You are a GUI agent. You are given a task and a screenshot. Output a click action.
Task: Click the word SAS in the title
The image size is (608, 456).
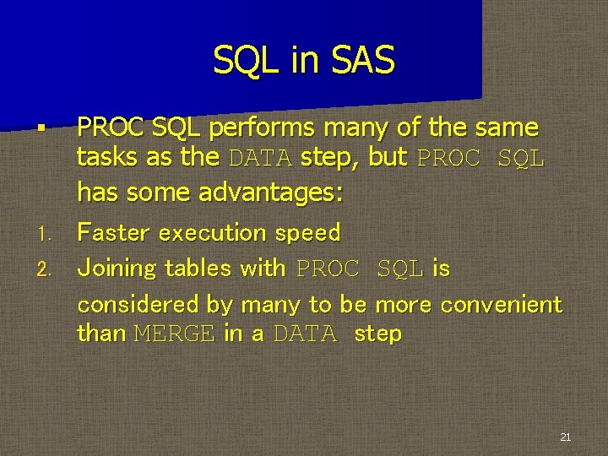coord(363,61)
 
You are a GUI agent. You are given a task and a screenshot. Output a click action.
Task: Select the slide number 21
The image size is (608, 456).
coord(565,437)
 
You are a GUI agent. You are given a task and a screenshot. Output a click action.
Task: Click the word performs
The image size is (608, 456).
coord(258,128)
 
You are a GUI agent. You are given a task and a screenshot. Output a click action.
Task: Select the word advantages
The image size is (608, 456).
coord(270,193)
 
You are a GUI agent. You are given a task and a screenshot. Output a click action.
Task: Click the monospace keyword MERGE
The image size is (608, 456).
coord(175,334)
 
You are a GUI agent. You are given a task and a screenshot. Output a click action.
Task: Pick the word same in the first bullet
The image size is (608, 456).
coord(507,128)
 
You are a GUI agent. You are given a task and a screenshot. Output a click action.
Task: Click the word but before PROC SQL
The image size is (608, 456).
coord(388,158)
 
